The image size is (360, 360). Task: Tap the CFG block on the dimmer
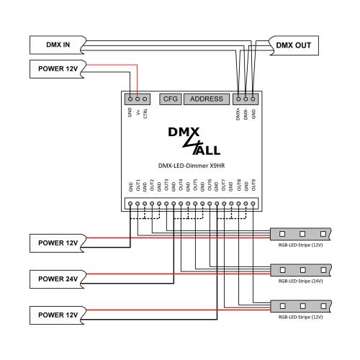tap(170, 99)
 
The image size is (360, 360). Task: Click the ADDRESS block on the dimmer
tap(207, 99)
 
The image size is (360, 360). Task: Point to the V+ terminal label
tap(138, 113)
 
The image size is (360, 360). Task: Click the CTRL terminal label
tap(145, 114)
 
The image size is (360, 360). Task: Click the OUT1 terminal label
tap(138, 184)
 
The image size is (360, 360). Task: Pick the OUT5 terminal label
tap(195, 184)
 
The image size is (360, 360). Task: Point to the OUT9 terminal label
tap(253, 184)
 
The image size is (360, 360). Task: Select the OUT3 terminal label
tap(166, 184)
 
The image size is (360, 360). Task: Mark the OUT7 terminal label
tap(224, 184)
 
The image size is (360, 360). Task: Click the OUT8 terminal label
tap(239, 184)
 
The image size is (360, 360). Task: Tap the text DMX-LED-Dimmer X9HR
tap(191, 165)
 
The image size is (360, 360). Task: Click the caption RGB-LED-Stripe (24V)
tap(300, 282)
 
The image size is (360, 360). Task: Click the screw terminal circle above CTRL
tap(145, 99)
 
